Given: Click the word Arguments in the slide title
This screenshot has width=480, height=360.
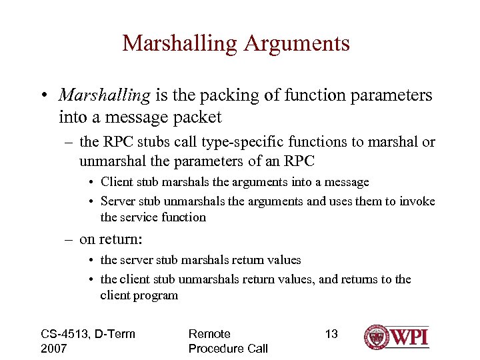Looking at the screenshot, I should pos(297,43).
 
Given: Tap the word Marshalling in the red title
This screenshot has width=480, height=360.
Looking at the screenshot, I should pos(181,43).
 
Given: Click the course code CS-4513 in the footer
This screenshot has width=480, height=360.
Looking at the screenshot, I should pos(65,333).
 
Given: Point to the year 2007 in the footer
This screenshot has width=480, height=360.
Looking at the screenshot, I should pos(54,348).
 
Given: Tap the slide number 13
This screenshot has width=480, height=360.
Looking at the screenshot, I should pos(331,333).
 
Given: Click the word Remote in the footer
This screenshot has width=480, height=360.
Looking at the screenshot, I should pos(209,333).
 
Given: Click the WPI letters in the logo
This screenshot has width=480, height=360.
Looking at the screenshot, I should pos(409,336).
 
